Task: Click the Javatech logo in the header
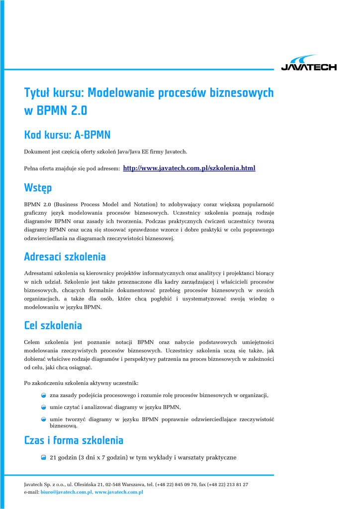pyautogui.click(x=309, y=63)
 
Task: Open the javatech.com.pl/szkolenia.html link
pyautogui.click(x=188, y=169)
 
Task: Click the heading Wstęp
pyautogui.click(x=38, y=188)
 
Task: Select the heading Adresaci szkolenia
pyautogui.click(x=65, y=257)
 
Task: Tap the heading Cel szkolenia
pyautogui.click(x=53, y=326)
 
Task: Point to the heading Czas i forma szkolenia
pyautogui.click(x=74, y=440)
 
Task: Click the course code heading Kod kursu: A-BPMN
pyautogui.click(x=67, y=135)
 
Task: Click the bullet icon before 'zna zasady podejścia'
pyautogui.click(x=44, y=395)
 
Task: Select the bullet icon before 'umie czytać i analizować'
pyautogui.click(x=44, y=407)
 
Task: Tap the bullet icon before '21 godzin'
pyautogui.click(x=44, y=457)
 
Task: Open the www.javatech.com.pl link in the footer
pyautogui.click(x=119, y=492)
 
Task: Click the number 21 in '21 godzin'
pyautogui.click(x=53, y=457)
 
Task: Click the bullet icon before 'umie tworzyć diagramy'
pyautogui.click(x=44, y=420)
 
